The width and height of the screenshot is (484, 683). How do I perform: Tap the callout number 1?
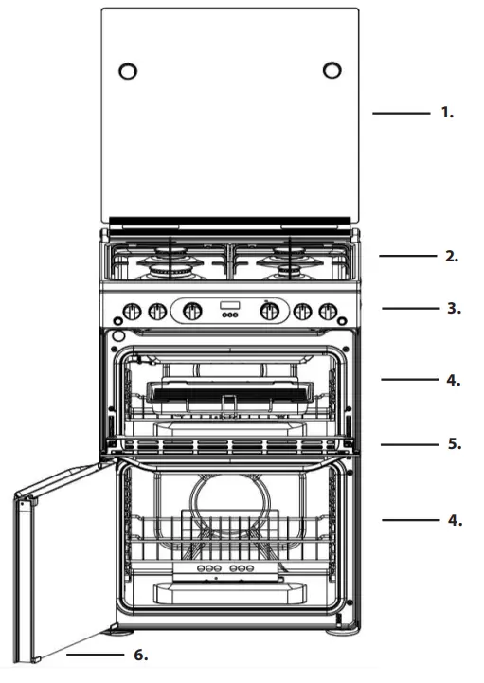(447, 113)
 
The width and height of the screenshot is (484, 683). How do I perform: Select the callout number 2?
(453, 256)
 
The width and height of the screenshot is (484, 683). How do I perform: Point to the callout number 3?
(453, 309)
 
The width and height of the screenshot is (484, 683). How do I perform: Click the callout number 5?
(453, 443)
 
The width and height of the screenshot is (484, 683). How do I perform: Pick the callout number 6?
(140, 655)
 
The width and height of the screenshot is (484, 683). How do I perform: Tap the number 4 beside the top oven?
(453, 380)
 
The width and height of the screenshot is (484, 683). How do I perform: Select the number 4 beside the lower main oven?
(453, 520)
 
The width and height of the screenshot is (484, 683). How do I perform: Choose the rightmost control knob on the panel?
(329, 311)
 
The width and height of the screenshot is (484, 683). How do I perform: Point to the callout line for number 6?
(95, 655)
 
